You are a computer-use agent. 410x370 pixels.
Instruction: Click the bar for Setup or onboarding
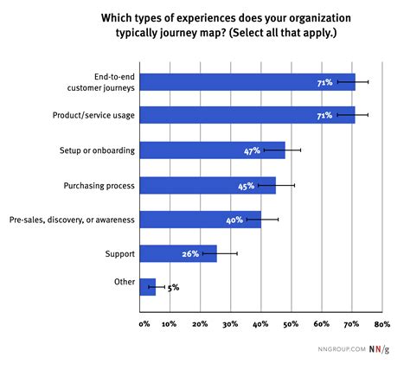pyautogui.click(x=211, y=150)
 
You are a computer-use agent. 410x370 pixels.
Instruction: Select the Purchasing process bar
pyautogui.click(x=207, y=185)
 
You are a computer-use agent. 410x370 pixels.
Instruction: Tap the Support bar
pyautogui.click(x=177, y=253)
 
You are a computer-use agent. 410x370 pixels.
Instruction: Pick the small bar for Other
pyautogui.click(x=147, y=287)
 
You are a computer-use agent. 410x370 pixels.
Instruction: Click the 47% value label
pyautogui.click(x=253, y=150)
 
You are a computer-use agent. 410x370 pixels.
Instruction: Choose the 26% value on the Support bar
pyautogui.click(x=191, y=254)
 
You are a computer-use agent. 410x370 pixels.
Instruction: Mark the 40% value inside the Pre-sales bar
pyautogui.click(x=234, y=220)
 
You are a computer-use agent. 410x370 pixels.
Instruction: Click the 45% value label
pyautogui.click(x=246, y=185)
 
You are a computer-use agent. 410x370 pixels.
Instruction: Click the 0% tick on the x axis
pyautogui.click(x=144, y=324)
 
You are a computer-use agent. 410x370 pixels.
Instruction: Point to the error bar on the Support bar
pyautogui.click(x=226, y=253)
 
